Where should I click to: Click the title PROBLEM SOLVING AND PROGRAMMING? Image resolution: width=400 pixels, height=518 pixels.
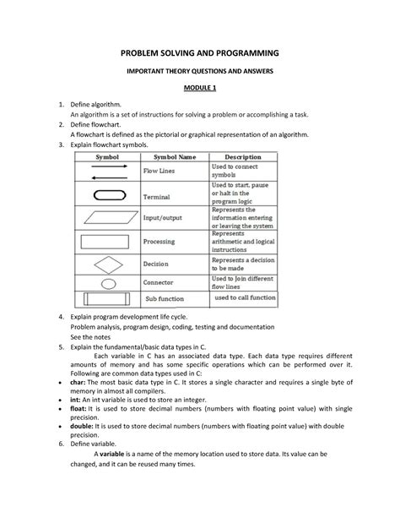click(200, 53)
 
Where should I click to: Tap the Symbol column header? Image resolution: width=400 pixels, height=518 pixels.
click(107, 157)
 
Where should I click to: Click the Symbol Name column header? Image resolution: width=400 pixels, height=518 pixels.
click(174, 157)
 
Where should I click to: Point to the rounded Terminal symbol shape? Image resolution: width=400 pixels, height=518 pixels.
click(107, 195)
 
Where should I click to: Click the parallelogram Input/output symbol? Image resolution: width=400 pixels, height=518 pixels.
click(107, 218)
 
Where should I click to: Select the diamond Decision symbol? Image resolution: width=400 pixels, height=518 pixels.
click(107, 263)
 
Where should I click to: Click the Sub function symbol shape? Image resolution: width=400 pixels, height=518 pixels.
click(107, 299)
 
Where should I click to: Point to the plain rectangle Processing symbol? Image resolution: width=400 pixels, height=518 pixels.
click(107, 241)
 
